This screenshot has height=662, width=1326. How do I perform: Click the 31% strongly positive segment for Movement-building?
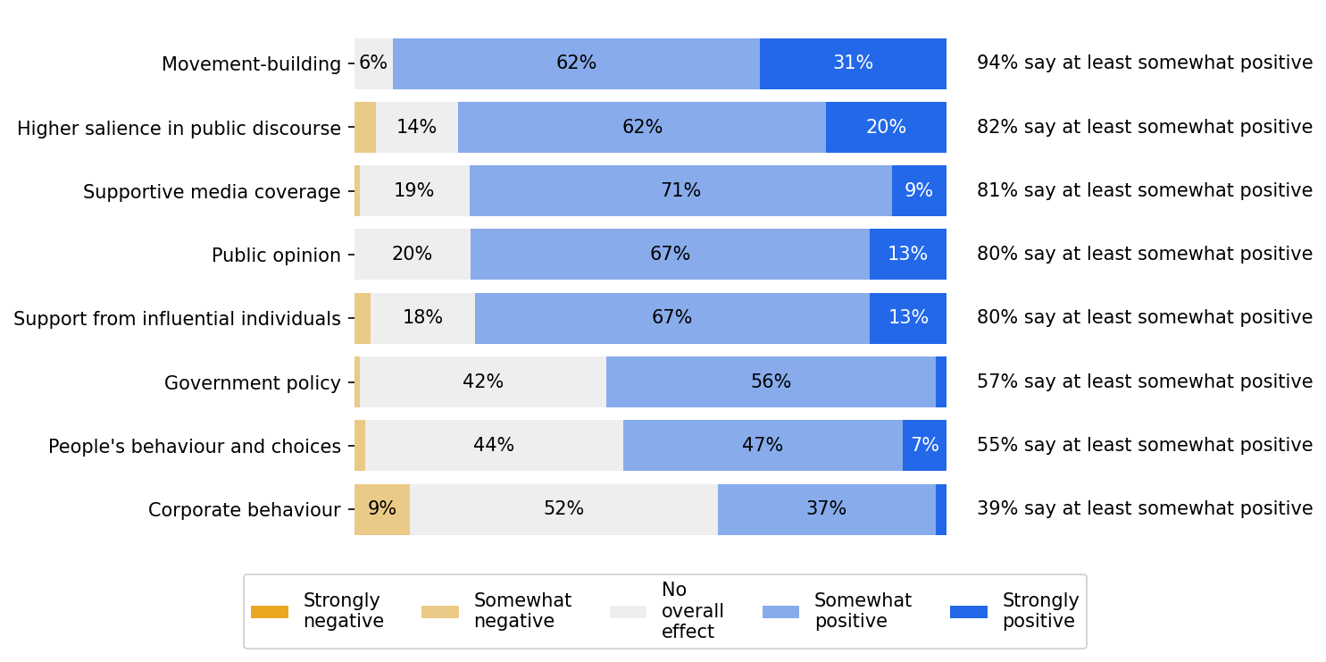coord(853,63)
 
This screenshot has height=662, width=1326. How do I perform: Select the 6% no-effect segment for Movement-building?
coord(373,63)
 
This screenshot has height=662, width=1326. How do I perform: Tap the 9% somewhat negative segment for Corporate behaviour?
coord(382,509)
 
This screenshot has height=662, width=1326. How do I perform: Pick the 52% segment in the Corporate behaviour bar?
coord(563,509)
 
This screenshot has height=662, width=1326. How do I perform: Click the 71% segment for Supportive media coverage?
coord(680,191)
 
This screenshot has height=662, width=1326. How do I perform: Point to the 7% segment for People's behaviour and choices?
coord(924,446)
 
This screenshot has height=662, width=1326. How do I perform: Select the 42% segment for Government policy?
coord(483,382)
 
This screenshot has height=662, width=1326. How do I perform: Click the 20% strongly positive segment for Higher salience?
coord(886,128)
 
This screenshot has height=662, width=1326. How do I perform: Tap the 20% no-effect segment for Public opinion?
coord(413,255)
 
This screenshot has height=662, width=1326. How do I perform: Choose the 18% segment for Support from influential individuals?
coord(422,318)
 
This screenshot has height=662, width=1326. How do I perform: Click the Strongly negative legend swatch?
coord(270,612)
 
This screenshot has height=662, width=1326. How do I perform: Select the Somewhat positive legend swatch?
coord(780,612)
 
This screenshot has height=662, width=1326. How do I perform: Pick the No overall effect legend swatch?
coord(628,612)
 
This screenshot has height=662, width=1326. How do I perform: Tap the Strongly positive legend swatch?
coord(969,612)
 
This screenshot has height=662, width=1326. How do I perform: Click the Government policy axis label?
coord(252,383)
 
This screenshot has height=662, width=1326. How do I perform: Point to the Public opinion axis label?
coord(276,256)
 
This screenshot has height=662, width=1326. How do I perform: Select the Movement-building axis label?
coord(251,64)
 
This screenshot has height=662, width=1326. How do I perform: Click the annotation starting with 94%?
coord(1144,63)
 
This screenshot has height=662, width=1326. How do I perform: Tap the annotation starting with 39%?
coord(1144,509)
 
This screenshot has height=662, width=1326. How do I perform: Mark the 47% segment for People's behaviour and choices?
coord(763,446)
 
